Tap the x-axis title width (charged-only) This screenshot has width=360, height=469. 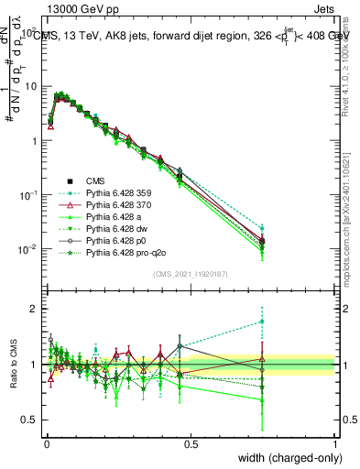click(x=285, y=457)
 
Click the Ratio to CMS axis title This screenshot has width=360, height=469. click(x=12, y=365)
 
